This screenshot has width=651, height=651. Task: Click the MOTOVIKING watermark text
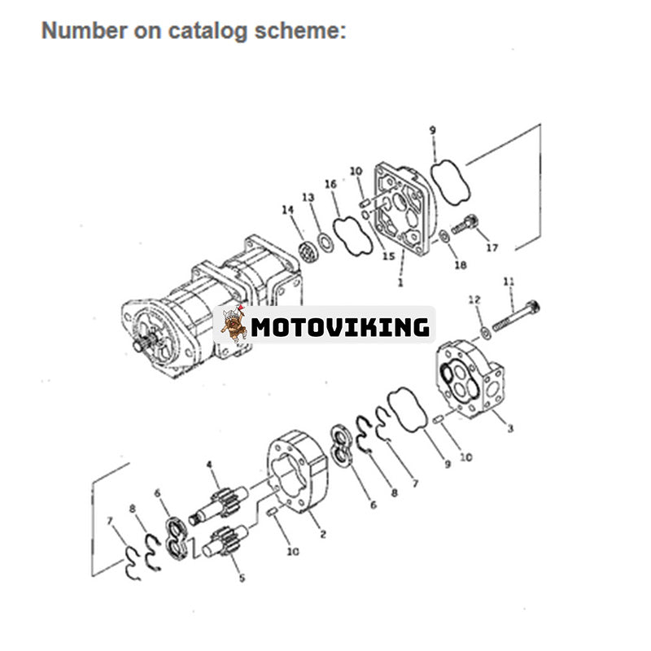point(340,327)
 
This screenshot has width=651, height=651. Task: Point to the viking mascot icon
point(234,325)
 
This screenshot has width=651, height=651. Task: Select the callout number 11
point(509,282)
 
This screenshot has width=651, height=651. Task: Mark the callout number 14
point(288,210)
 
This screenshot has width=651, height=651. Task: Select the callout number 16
point(330,185)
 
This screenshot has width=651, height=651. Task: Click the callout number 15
point(388,256)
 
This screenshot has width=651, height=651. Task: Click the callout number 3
point(510,429)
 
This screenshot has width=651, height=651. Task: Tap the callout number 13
point(308,197)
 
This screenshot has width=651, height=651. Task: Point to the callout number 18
point(461,265)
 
